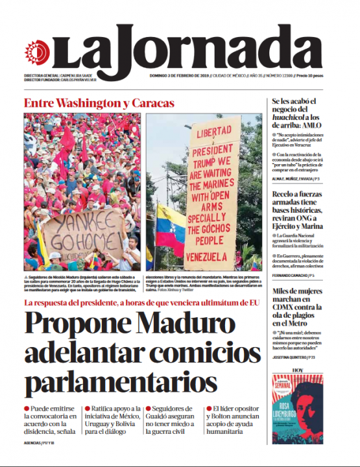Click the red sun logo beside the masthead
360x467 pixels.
pos(37,51)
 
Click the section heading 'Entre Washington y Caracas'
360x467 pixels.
pos(99,104)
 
